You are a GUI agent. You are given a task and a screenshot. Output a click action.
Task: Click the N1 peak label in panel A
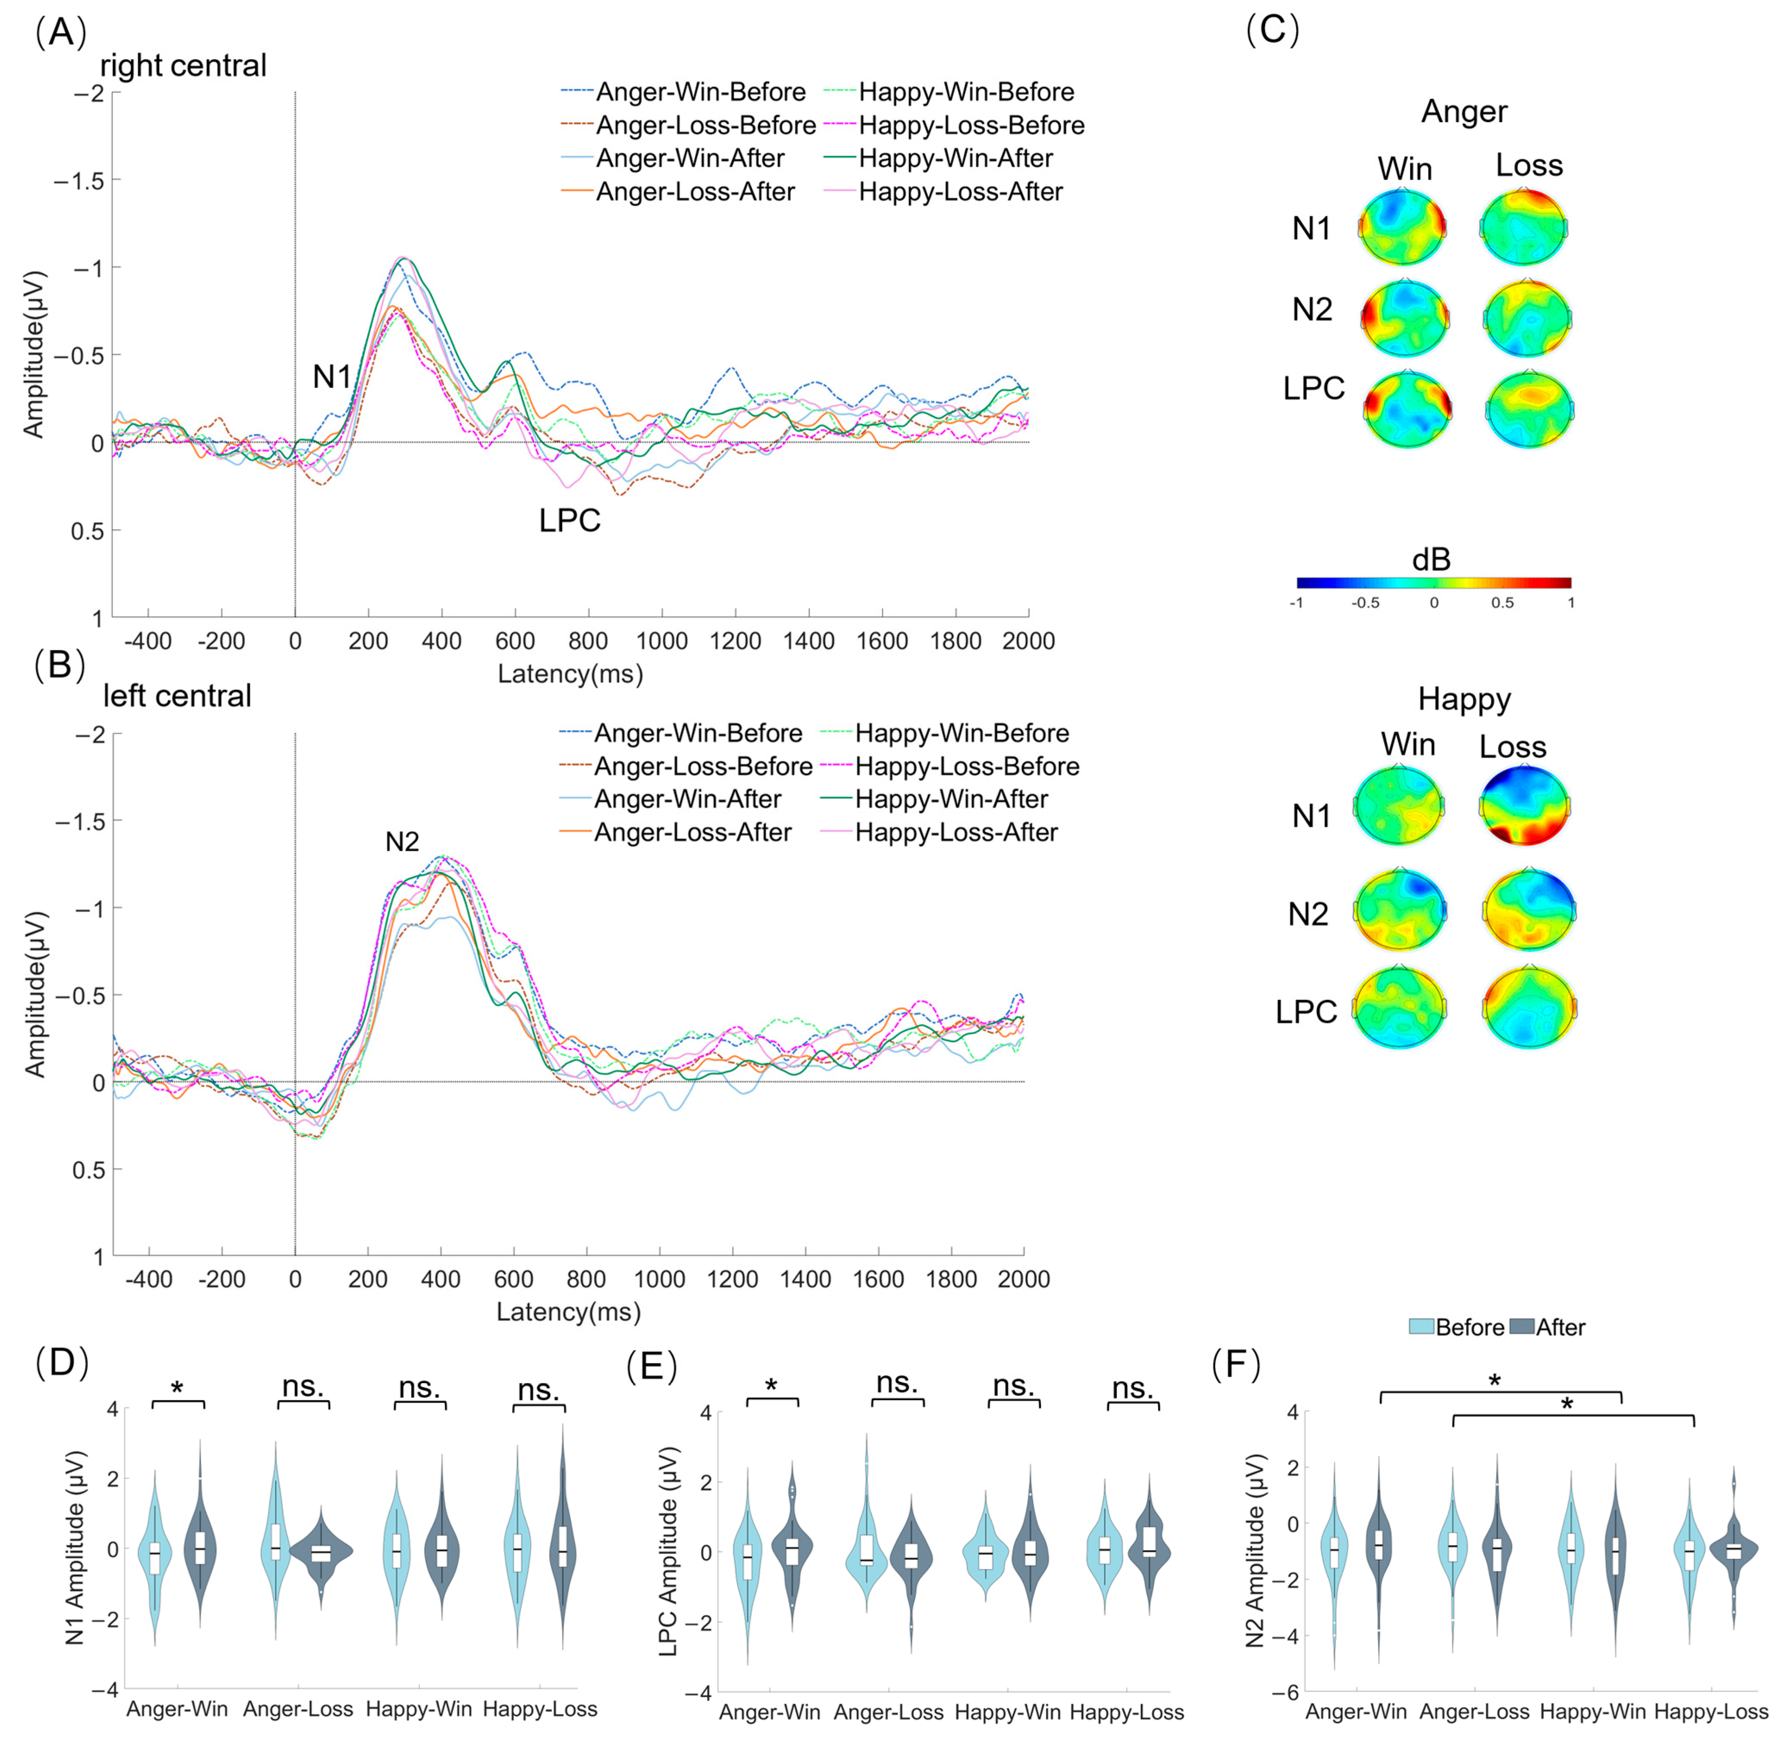click(331, 376)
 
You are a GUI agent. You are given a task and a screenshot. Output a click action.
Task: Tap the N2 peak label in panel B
click(402, 841)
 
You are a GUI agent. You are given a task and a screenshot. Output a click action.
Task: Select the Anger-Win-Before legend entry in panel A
click(700, 92)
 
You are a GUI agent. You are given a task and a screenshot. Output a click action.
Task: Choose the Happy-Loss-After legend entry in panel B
click(956, 832)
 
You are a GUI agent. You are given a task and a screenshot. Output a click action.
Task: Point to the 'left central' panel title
click(177, 696)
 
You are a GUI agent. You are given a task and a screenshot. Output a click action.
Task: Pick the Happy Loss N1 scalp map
click(1526, 806)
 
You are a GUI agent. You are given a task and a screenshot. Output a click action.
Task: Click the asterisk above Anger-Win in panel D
click(177, 1388)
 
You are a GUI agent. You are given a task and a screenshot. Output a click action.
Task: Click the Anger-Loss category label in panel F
click(1474, 1711)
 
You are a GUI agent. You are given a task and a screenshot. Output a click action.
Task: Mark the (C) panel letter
click(1272, 30)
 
